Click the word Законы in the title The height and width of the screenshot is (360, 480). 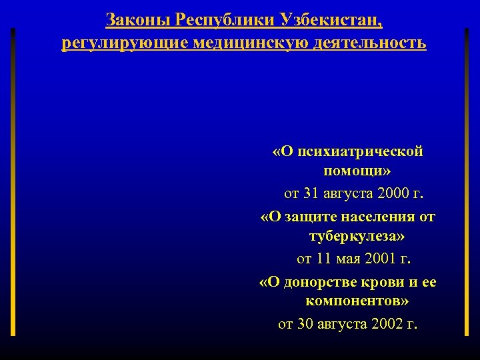137,20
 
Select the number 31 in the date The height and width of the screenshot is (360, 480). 311,194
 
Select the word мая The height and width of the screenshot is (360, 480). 354,259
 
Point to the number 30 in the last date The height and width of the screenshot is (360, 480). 305,324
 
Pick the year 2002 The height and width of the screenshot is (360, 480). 387,324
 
